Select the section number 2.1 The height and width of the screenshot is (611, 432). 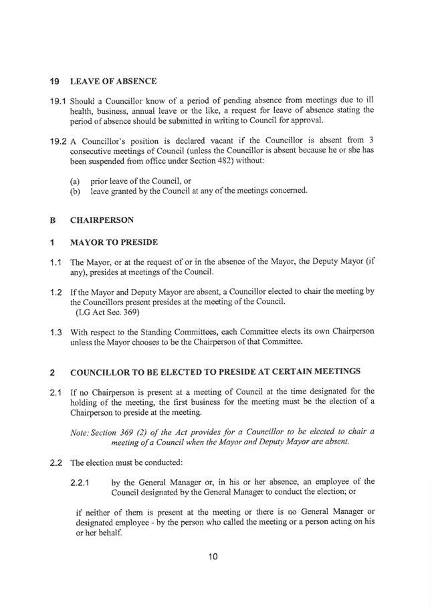[x=58, y=391]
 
